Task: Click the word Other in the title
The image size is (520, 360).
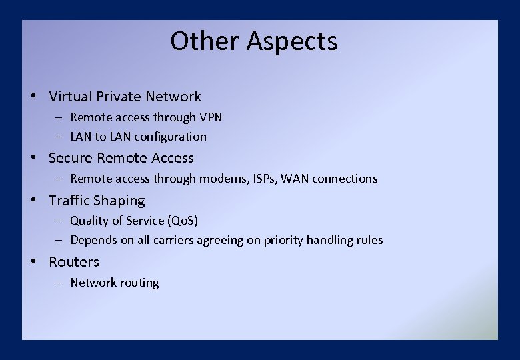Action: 205,41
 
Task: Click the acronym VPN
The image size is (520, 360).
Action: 211,117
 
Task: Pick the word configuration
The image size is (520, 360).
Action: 170,137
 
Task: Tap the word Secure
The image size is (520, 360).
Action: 71,158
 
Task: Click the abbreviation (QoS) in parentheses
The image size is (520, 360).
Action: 182,221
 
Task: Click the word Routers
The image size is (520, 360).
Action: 73,262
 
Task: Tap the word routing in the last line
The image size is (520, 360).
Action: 139,283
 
